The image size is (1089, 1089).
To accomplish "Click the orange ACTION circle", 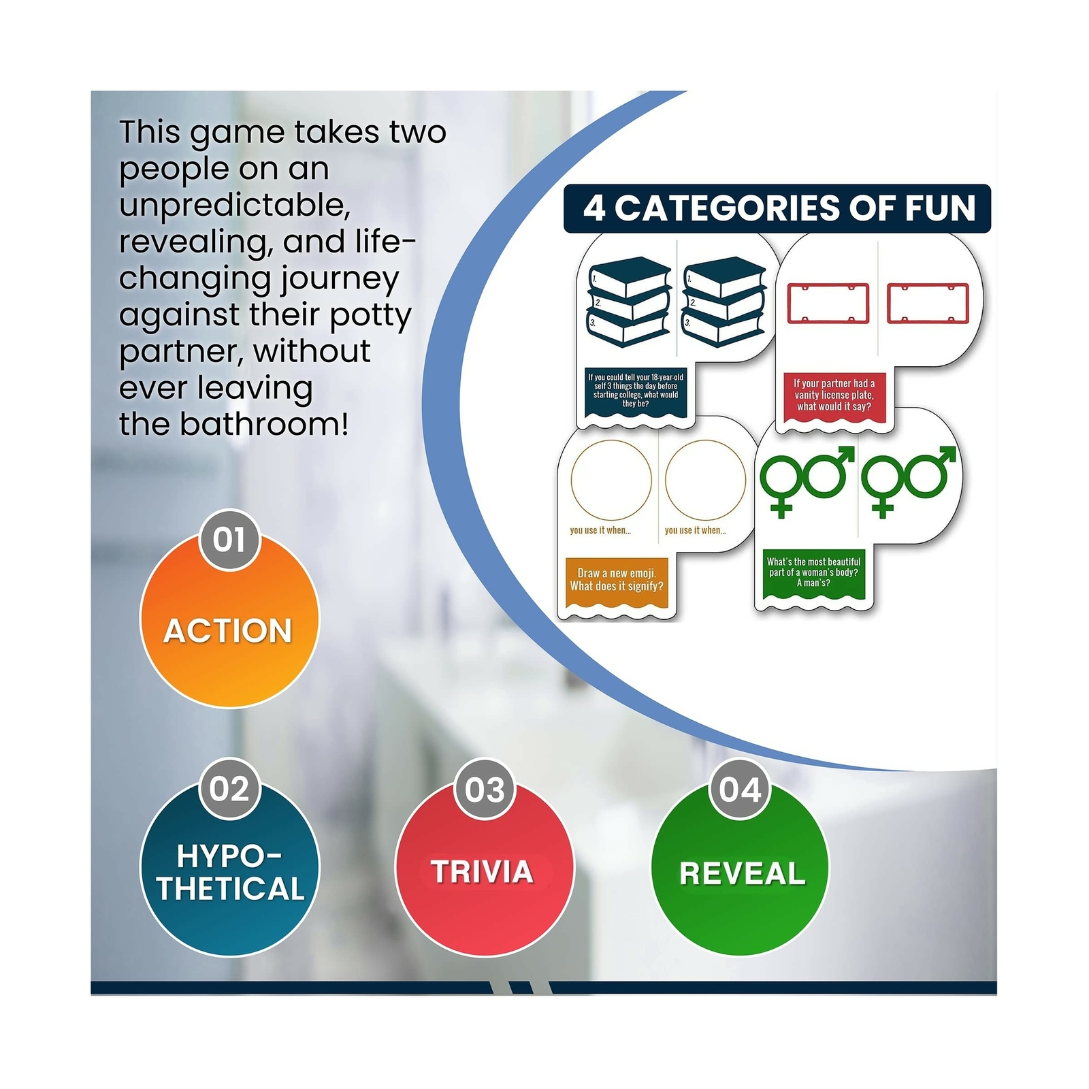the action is click(229, 619).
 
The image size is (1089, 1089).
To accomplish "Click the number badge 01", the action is click(229, 540).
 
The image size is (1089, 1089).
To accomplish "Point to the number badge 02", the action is click(229, 789).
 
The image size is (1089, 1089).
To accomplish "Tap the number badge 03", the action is click(485, 789).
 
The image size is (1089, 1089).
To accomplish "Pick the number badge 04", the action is click(740, 789).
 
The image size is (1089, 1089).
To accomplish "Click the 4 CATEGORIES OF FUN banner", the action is click(777, 208).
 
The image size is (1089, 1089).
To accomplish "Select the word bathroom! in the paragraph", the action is click(264, 424).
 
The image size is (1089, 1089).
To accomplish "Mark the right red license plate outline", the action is click(928, 303).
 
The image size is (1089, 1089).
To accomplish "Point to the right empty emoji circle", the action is click(705, 481).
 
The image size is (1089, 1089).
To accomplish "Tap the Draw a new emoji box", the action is click(617, 581).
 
